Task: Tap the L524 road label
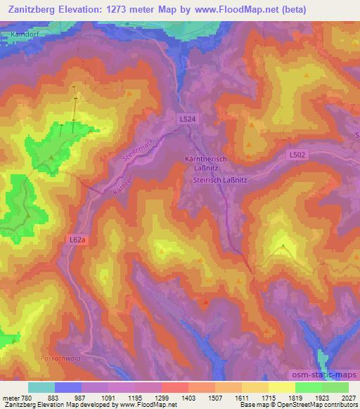coord(188,120)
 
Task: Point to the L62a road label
coord(79,240)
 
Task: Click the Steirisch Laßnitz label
coord(223,179)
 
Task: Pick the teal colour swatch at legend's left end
coord(41,387)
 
